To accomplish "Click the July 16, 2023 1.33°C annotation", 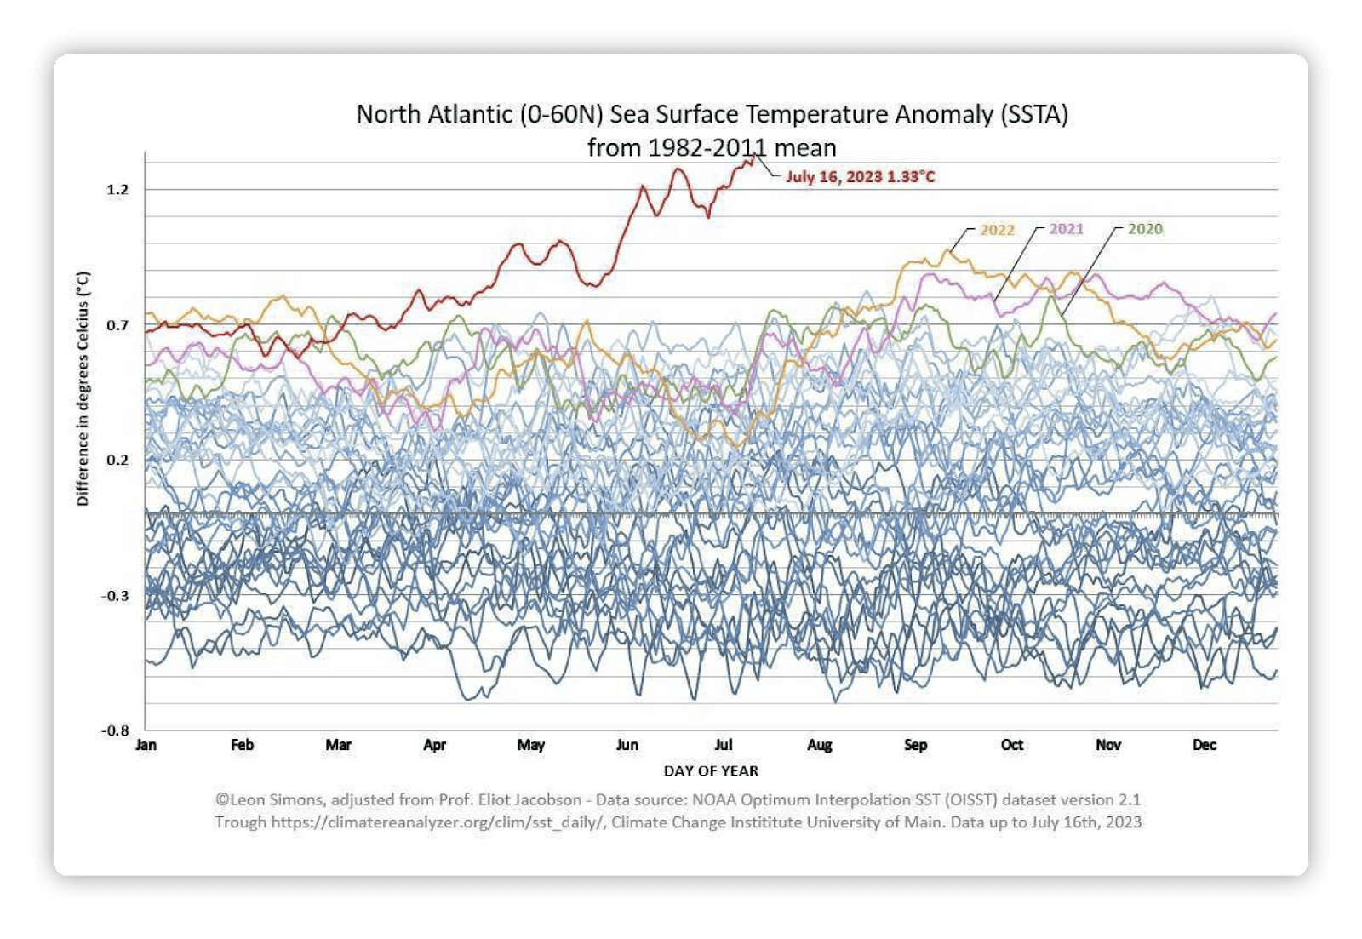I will click(x=860, y=176).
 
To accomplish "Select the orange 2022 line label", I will click(x=997, y=230).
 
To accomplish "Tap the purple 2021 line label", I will click(x=1066, y=229).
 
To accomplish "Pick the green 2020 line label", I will click(x=1145, y=229).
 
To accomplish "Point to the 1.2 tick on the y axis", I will click(x=117, y=189).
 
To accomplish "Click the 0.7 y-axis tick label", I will click(x=117, y=325).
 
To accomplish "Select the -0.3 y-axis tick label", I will click(x=115, y=595).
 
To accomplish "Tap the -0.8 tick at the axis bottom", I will click(x=115, y=730).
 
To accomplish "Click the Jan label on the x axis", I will click(x=146, y=745).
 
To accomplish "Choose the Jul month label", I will click(x=724, y=745).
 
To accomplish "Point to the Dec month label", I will click(x=1205, y=745).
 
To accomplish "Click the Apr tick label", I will click(x=435, y=745).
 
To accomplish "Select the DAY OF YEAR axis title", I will click(x=711, y=770).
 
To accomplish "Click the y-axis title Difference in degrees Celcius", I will click(x=83, y=389).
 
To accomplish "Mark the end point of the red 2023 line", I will click(x=754, y=157).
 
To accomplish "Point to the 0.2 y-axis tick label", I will click(x=117, y=460).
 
